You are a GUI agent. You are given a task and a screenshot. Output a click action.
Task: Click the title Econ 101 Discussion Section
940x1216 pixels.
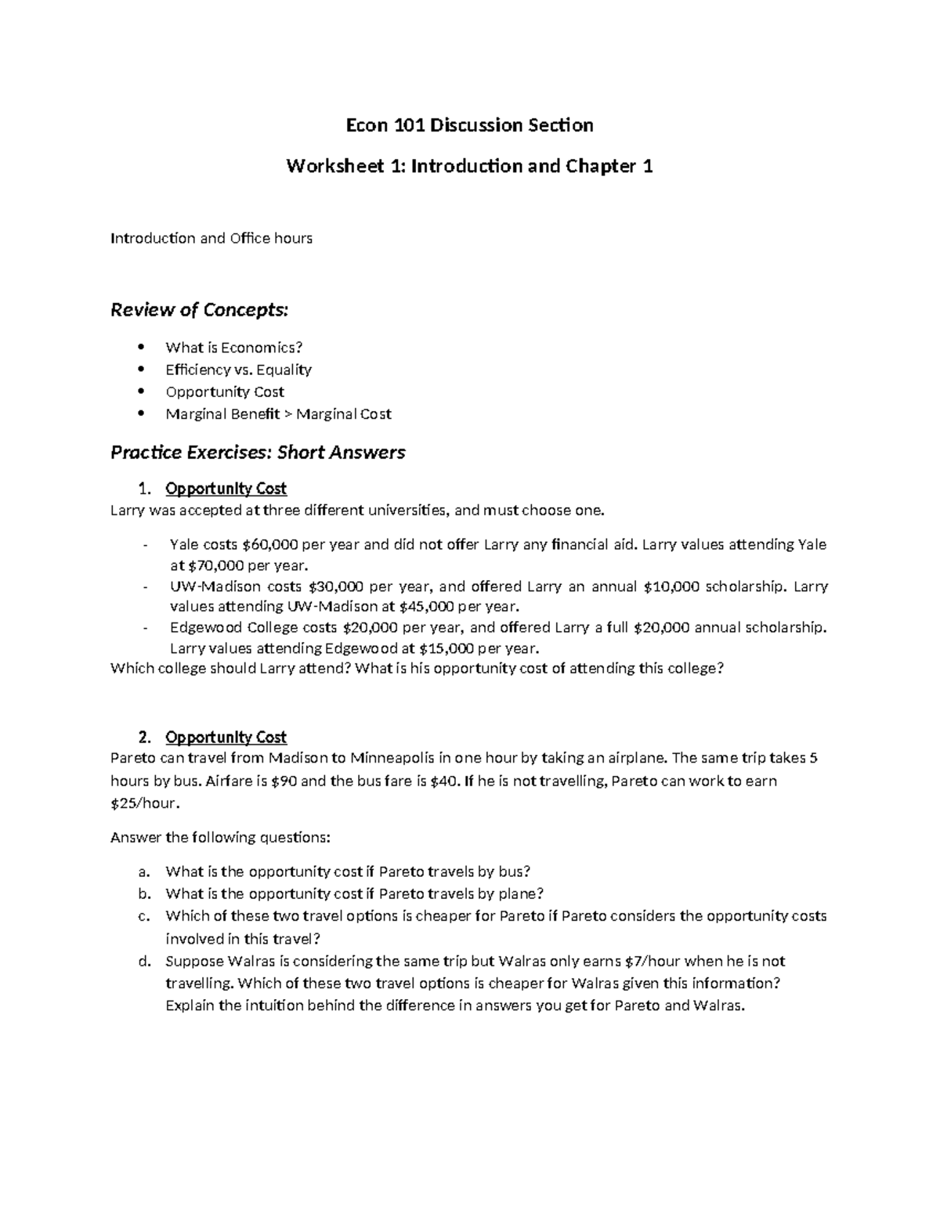pos(470,125)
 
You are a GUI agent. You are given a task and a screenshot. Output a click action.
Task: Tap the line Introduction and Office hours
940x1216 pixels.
pos(211,238)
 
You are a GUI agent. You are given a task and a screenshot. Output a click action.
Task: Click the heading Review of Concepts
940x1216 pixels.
pos(199,310)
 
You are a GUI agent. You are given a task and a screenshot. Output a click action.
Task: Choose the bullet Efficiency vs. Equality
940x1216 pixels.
pos(238,370)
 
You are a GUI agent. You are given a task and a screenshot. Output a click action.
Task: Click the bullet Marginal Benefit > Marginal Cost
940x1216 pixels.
pos(278,414)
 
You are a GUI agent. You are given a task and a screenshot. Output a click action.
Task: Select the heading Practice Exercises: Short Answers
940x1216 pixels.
pos(258,452)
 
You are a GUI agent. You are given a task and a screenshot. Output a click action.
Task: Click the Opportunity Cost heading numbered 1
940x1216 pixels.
pos(226,489)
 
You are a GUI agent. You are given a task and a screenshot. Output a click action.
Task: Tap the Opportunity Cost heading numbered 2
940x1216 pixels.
pos(226,737)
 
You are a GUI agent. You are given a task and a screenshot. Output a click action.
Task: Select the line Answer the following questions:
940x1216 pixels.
pos(221,838)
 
